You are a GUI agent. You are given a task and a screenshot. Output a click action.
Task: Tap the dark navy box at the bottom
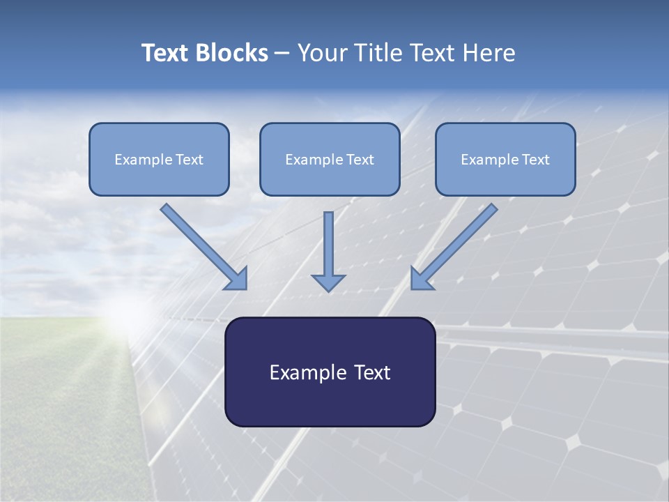(330, 404)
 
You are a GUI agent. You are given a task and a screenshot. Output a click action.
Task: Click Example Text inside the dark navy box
(330, 372)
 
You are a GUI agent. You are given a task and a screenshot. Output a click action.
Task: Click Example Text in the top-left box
(159, 160)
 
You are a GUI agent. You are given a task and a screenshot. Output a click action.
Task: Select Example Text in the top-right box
(505, 160)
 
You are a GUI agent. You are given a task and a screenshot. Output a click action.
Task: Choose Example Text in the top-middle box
(330, 160)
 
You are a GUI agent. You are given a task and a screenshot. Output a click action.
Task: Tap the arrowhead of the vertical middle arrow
(328, 282)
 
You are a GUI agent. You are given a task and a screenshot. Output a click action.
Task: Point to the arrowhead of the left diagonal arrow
(236, 278)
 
